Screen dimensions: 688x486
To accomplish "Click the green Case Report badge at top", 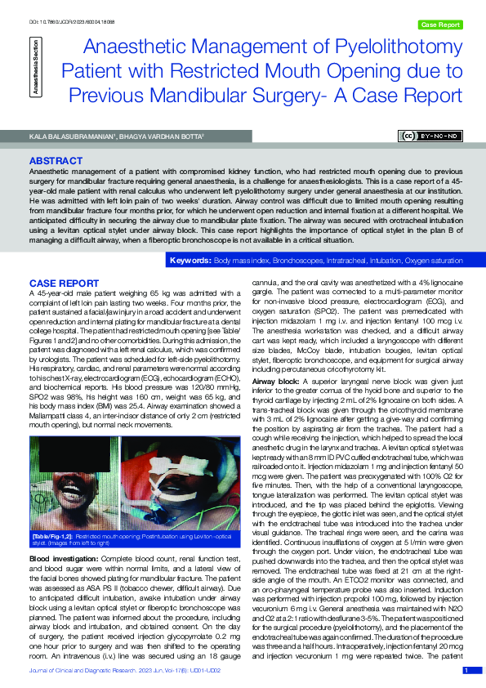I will point(439,25).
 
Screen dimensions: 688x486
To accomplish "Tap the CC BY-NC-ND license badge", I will point(430,135).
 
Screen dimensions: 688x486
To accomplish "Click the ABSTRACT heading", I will point(55,161).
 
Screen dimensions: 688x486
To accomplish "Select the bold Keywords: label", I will point(189,261).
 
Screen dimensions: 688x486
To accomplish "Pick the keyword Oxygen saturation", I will point(431,261).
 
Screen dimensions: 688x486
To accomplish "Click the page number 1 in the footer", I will point(466,671).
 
